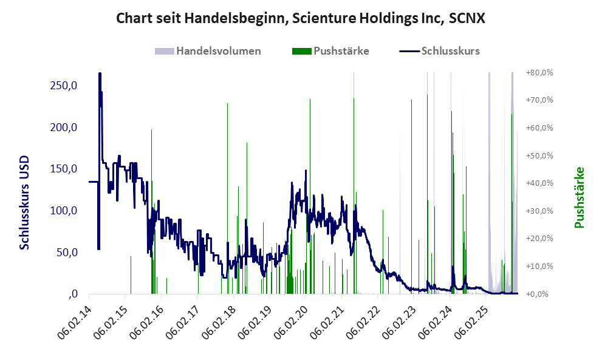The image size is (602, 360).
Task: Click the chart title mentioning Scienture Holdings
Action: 301,18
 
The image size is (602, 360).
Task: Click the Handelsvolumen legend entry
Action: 218,51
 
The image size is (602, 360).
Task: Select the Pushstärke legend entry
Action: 341,51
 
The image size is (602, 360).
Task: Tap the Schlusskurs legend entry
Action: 450,51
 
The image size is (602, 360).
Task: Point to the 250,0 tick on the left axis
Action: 63,86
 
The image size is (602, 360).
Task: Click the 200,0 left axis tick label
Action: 63,127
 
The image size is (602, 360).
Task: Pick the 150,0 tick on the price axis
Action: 63,169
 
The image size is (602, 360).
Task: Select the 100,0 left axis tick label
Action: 63,211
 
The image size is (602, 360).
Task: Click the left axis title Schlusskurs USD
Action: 25,203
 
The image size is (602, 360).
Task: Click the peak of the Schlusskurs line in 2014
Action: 100,74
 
